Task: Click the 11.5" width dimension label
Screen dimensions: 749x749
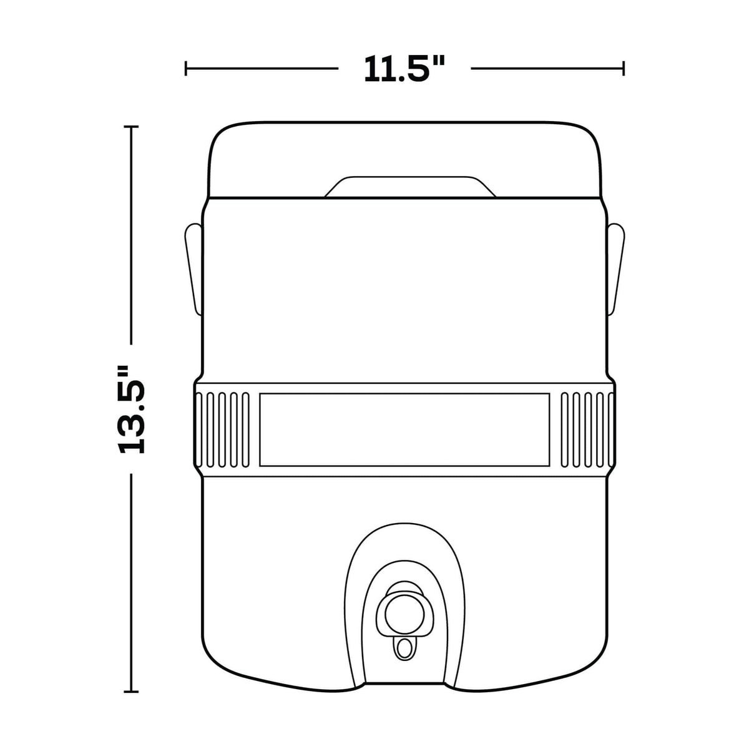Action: click(x=404, y=69)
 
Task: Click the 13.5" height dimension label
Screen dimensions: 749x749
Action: click(x=131, y=409)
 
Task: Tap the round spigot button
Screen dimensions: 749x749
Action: click(x=404, y=614)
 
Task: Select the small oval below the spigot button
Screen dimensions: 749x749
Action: click(x=404, y=649)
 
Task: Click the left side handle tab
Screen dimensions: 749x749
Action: click(x=193, y=268)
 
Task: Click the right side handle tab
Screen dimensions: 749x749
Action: click(x=615, y=268)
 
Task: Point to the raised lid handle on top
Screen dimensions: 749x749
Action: click(x=409, y=187)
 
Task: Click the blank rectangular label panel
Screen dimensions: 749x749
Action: click(x=404, y=429)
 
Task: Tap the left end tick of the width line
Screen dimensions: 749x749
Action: click(x=186, y=69)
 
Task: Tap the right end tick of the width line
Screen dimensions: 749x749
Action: click(x=624, y=69)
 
